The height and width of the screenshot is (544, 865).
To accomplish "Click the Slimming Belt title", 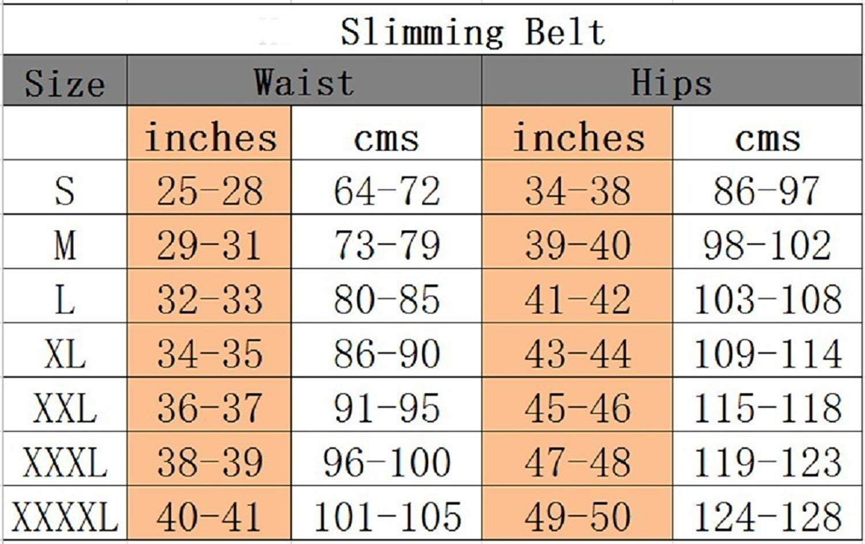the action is tap(473, 33).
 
